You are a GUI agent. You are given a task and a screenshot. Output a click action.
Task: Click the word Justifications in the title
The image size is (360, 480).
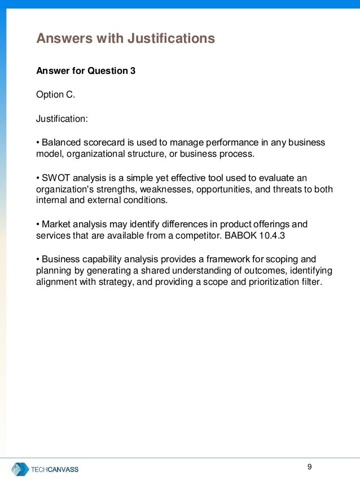(x=171, y=38)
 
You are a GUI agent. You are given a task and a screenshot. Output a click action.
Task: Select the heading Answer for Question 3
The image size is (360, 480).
(x=86, y=71)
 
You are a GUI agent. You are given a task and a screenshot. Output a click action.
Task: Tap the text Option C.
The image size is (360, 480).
(x=55, y=95)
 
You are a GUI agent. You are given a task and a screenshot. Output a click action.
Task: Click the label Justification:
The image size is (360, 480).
(x=62, y=118)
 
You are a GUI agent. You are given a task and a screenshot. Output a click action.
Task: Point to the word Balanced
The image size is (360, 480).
(x=60, y=142)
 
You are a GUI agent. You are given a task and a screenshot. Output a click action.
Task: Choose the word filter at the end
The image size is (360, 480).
(x=310, y=283)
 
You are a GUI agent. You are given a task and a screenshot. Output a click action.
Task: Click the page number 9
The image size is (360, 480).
(x=309, y=466)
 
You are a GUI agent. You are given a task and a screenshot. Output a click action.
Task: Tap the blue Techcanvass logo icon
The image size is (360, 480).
(x=20, y=469)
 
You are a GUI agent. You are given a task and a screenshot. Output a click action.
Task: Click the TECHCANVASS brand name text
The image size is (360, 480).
(x=55, y=469)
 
